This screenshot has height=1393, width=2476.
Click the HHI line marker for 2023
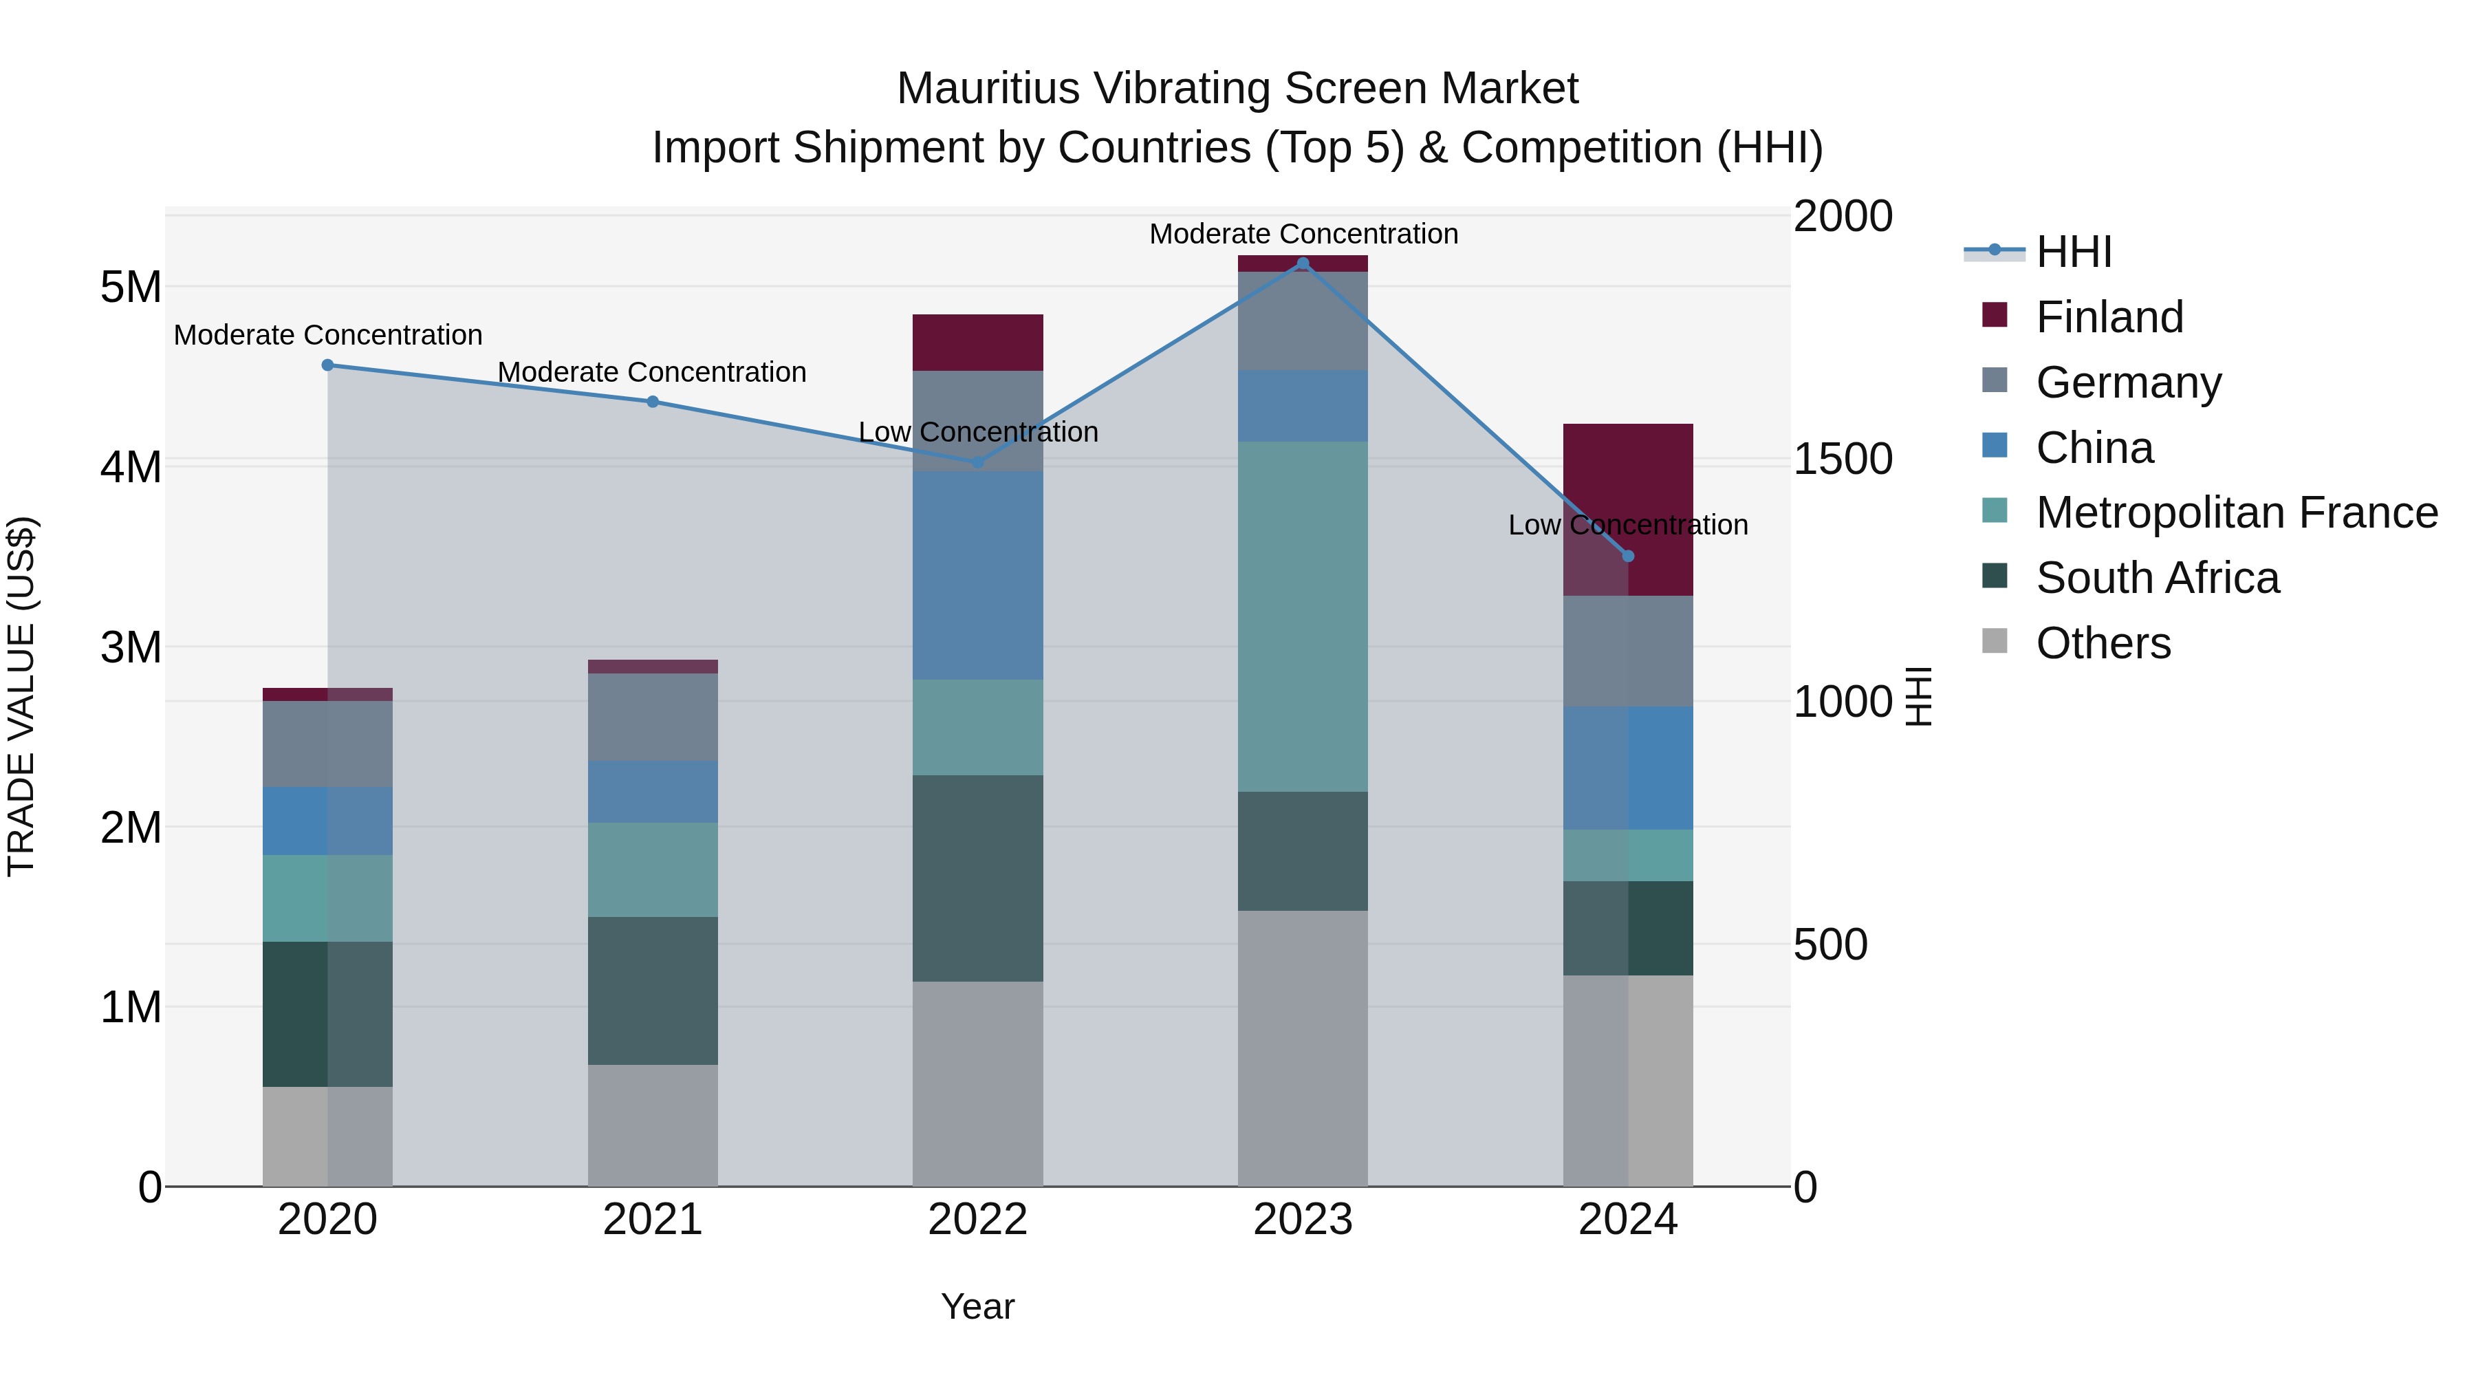tap(1303, 263)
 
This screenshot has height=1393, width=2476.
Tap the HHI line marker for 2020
tap(328, 365)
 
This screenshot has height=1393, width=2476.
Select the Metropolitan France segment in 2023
tap(1303, 616)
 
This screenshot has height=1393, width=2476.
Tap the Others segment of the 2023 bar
tap(1303, 1048)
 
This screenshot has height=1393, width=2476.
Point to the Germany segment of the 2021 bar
tap(653, 717)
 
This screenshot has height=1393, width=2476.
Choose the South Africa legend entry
tap(2156, 578)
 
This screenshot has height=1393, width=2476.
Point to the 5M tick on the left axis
tap(131, 286)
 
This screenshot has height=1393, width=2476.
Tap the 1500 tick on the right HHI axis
tap(1842, 459)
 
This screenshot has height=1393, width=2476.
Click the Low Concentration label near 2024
tap(1627, 525)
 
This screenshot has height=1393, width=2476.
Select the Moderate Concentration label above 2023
tap(1303, 234)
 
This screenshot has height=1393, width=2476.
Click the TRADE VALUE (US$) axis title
tap(21, 696)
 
